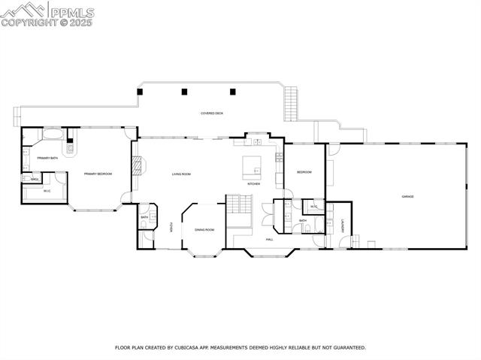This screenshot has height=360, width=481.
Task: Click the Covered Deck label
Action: point(211,113)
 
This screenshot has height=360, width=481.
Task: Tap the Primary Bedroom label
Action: point(98,174)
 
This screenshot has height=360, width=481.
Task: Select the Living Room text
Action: point(181,174)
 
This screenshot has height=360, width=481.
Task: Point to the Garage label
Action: point(407,197)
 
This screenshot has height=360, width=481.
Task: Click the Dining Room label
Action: point(204,230)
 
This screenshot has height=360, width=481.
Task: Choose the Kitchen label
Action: point(254,184)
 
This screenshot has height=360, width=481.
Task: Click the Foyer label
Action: point(171,227)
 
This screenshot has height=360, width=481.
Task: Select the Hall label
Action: point(269,240)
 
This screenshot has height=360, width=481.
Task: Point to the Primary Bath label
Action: point(48,158)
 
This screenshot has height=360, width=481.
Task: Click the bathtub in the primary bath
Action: point(53,135)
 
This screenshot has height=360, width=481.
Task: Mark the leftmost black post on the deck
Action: point(139,91)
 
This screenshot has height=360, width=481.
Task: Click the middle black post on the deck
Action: point(184,92)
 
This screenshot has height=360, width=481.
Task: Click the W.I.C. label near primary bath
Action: point(47,191)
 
